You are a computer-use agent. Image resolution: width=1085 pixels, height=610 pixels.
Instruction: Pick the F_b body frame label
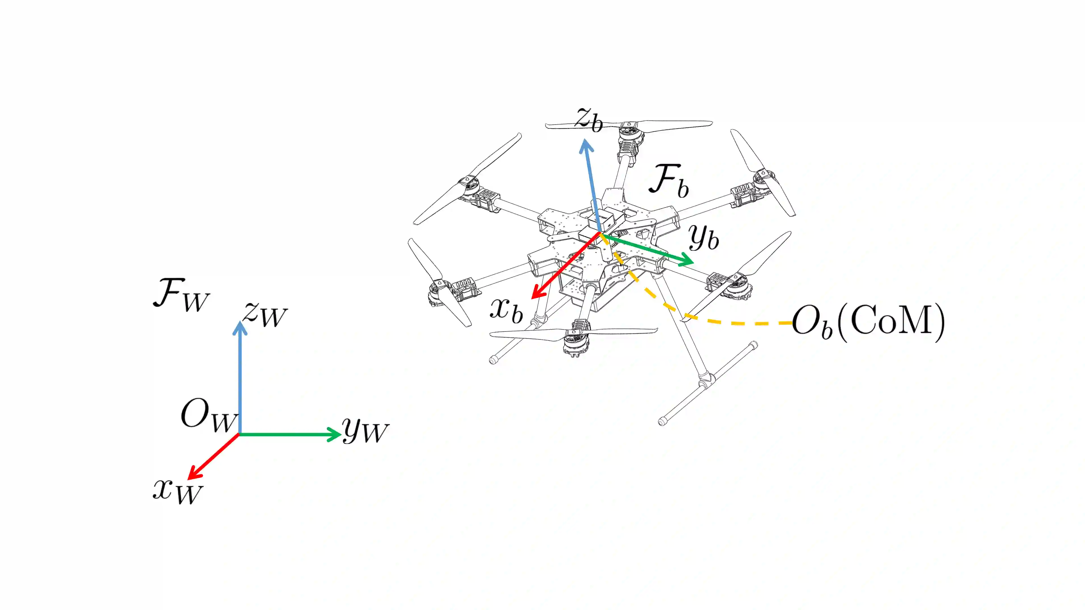[669, 181]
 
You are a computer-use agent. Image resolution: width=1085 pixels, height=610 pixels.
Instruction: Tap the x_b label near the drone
[507, 311]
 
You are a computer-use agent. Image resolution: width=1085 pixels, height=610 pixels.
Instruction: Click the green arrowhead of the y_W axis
[335, 434]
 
